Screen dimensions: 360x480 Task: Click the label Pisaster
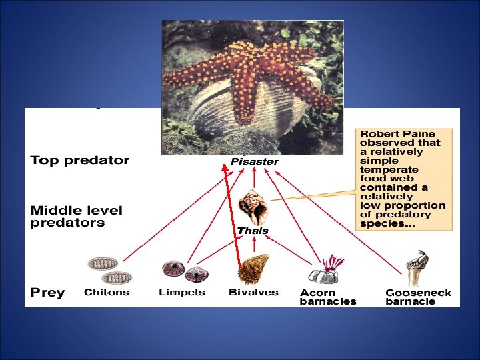(x=255, y=162)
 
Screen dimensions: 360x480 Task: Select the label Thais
(x=253, y=231)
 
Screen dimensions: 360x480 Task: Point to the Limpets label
(x=182, y=293)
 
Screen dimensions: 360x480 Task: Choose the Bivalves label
(x=253, y=293)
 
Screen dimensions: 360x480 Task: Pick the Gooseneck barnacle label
(x=418, y=297)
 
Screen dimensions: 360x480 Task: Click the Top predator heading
(x=80, y=161)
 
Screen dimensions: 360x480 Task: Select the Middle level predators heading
(x=77, y=217)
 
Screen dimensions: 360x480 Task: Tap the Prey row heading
(x=48, y=293)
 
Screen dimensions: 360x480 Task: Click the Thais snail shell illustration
(x=253, y=207)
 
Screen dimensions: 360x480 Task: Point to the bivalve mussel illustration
(x=253, y=269)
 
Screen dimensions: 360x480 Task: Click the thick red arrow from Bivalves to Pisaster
(x=232, y=220)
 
